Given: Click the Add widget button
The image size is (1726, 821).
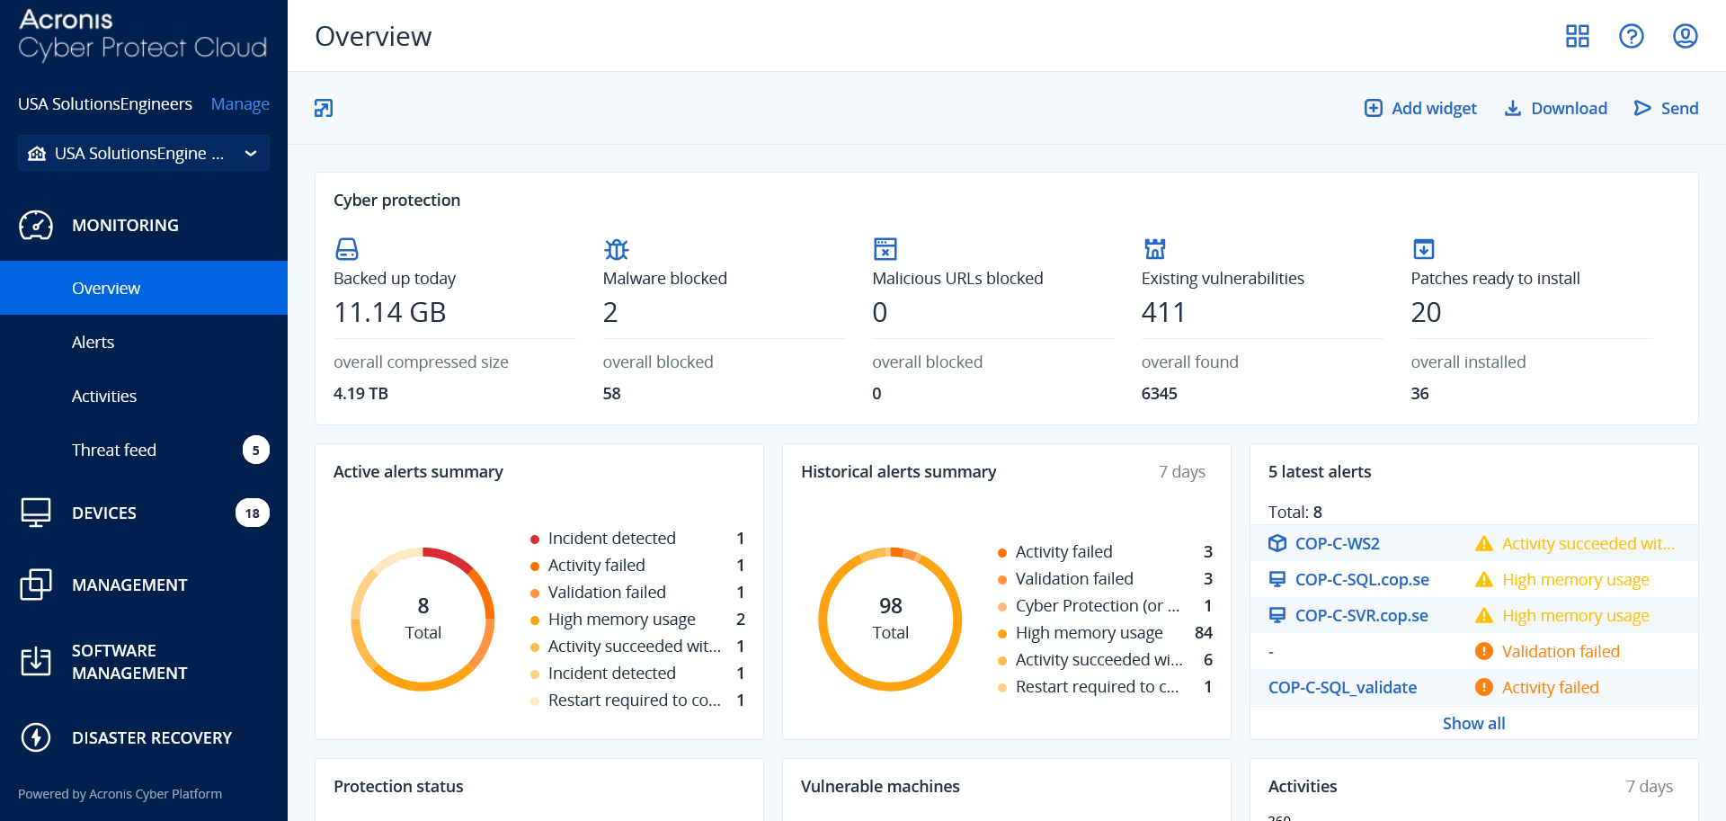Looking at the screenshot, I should (1420, 108).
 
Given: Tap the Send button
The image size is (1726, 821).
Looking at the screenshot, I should (1666, 108).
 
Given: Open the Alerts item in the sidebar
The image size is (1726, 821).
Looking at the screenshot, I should (93, 342).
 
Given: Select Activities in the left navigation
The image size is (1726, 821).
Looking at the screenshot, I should (104, 396).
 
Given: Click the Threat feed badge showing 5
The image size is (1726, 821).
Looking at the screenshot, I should (255, 450).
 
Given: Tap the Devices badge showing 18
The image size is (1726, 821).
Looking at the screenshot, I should (252, 513).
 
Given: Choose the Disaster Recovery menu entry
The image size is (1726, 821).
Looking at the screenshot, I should (151, 737).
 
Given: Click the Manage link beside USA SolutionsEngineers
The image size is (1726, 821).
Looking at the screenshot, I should (240, 103).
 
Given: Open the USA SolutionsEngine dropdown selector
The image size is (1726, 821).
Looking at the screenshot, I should (144, 153).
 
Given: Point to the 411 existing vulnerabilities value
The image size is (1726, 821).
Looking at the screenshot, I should (1163, 312).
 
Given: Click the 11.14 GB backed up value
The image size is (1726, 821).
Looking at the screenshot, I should (389, 312).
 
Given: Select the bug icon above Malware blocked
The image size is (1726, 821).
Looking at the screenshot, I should (616, 249).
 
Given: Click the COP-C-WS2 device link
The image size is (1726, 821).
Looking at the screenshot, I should (1337, 543).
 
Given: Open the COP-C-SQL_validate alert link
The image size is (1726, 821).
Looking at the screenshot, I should (1342, 687).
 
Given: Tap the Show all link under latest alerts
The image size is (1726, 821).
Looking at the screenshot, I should (1473, 723).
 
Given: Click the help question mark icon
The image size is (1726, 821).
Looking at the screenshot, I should (1631, 36).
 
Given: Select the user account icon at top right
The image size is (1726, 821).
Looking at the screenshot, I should (1685, 36).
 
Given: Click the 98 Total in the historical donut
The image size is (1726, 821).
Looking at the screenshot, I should (890, 619).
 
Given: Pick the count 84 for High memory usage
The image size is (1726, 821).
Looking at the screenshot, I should (1203, 632).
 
